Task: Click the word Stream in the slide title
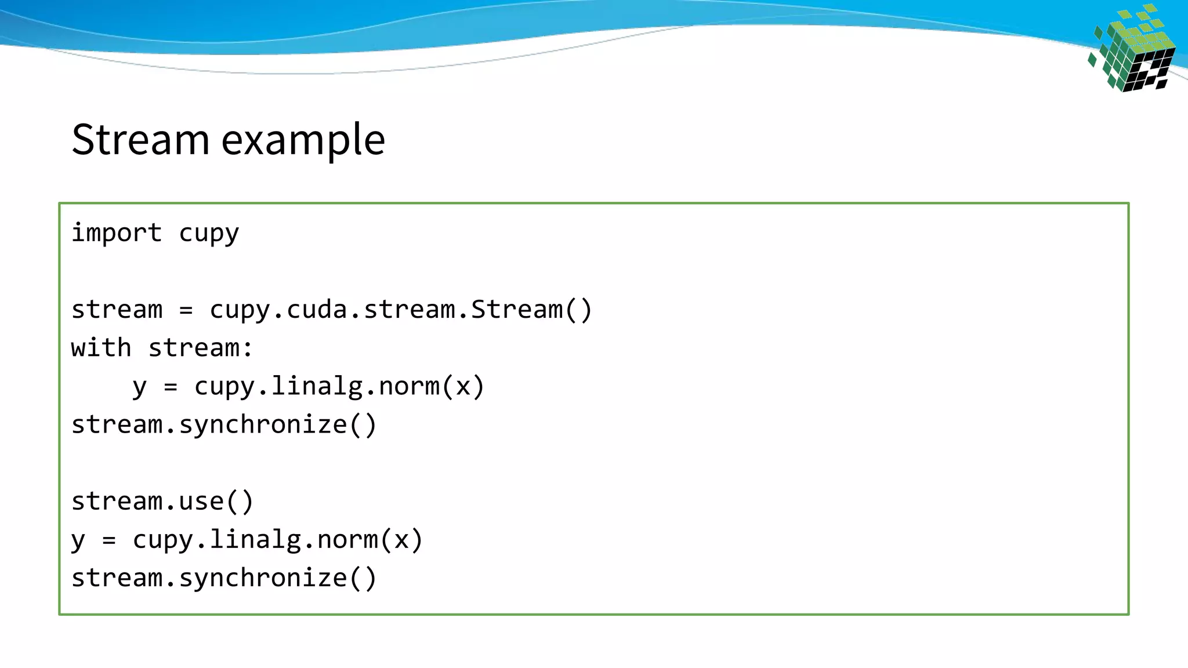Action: pyautogui.click(x=140, y=140)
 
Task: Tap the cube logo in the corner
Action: pyautogui.click(x=1132, y=50)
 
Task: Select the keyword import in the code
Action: pyautogui.click(x=116, y=233)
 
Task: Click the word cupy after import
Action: pyautogui.click(x=209, y=233)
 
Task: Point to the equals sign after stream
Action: pyautogui.click(x=186, y=310)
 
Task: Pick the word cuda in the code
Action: pyautogui.click(x=317, y=310)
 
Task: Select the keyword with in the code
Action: pyautogui.click(x=101, y=348)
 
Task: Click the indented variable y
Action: pyautogui.click(x=139, y=387)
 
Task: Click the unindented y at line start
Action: pyautogui.click(x=78, y=540)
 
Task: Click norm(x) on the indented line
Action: pyautogui.click(x=431, y=387)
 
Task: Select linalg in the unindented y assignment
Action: pyautogui.click(x=255, y=540)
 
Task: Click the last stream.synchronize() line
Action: pyautogui.click(x=224, y=578)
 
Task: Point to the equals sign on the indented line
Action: pyautogui.click(x=171, y=387)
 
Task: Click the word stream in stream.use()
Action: pyautogui.click(x=116, y=502)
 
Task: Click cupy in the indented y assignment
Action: pyautogui.click(x=224, y=387)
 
